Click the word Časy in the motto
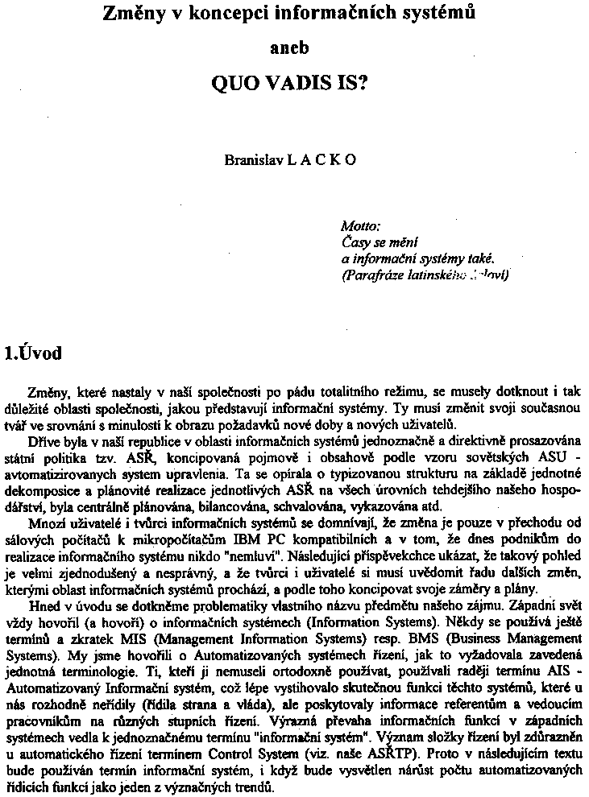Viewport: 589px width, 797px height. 355,242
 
